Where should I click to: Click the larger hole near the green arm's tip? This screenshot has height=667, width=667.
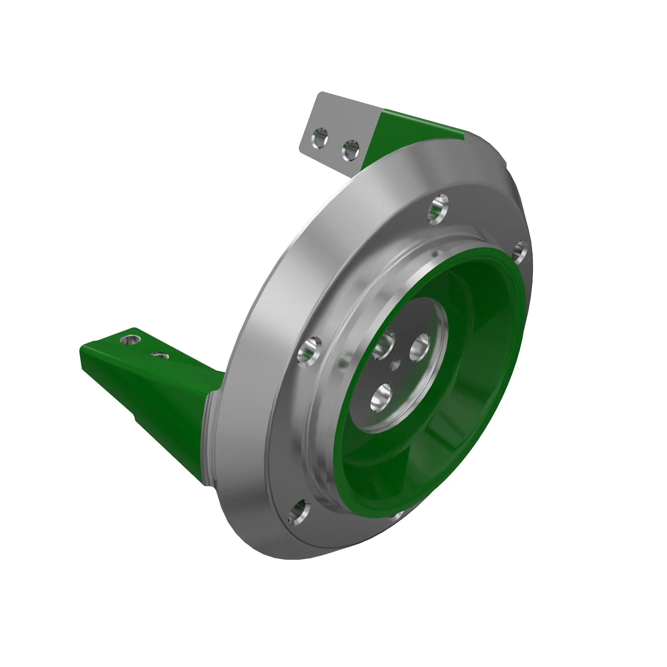point(130,340)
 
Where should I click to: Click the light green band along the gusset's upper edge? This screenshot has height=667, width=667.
point(425,121)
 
